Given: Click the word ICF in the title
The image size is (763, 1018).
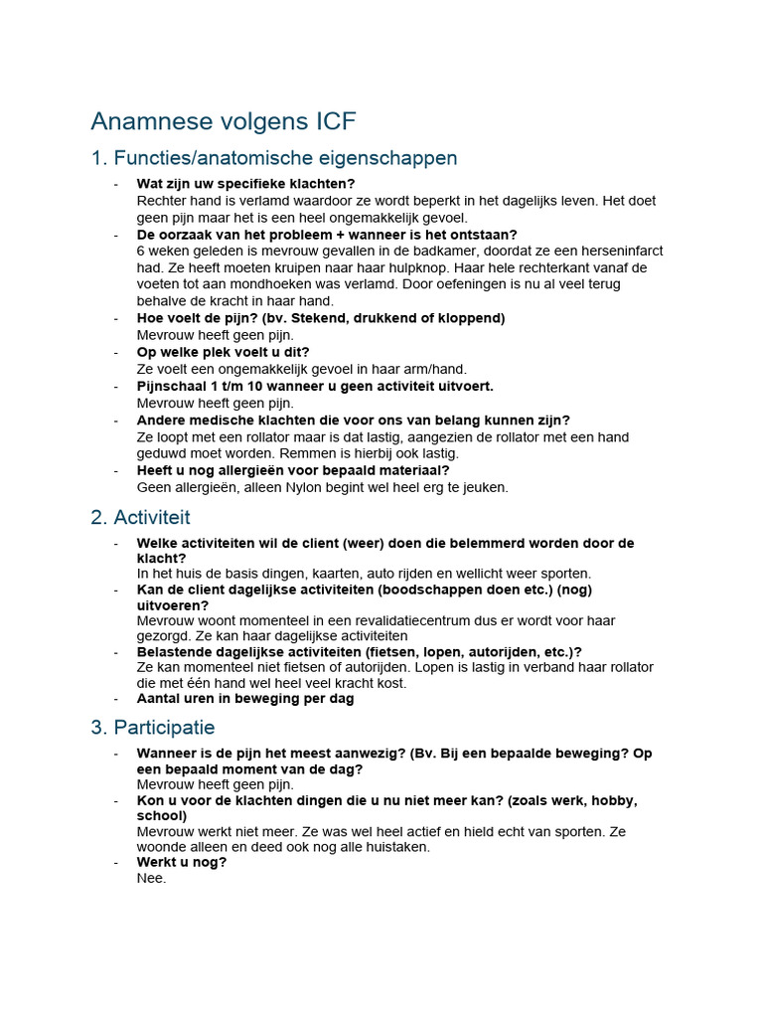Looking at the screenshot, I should [330, 121].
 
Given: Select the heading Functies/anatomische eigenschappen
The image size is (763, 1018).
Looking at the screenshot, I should [285, 158].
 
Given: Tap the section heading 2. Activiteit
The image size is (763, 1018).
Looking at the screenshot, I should [140, 517].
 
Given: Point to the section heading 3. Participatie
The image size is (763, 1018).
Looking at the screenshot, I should [152, 728].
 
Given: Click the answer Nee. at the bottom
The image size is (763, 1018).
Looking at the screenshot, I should [151, 879].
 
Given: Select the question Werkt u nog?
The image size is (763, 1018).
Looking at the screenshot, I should [182, 862].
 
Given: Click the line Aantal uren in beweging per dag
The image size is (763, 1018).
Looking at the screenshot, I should [245, 698].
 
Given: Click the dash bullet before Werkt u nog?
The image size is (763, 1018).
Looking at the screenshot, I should [115, 862].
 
